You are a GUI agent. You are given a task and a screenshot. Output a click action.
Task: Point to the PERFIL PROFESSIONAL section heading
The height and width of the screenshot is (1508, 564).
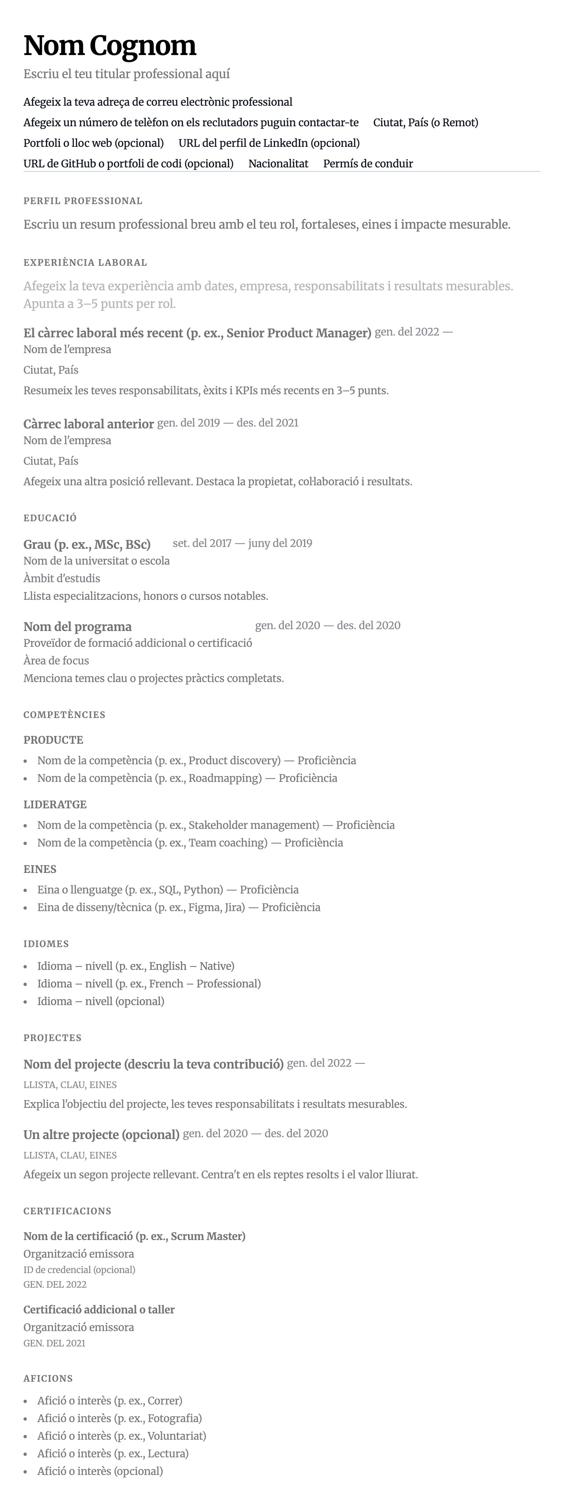coord(83,201)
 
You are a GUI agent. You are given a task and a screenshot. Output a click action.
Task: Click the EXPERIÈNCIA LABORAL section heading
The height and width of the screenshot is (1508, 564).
coord(85,262)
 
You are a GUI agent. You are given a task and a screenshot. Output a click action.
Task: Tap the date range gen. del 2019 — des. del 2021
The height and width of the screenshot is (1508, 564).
coord(228,423)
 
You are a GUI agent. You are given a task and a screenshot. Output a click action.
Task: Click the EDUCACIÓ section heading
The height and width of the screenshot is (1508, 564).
coord(50,518)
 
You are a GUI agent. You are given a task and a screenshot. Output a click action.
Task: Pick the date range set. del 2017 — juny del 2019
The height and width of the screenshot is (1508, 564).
coord(242,543)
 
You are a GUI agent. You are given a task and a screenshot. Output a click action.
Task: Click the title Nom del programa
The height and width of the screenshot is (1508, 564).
coord(77,626)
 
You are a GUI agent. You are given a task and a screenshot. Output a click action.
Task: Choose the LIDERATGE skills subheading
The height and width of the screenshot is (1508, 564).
coord(55,804)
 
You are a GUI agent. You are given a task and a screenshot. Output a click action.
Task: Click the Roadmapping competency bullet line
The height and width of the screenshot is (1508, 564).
coord(187,778)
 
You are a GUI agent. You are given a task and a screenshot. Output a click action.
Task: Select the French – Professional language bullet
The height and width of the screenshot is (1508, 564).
coord(149,983)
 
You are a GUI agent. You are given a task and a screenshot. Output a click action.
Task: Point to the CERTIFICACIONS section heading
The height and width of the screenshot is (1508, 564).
coord(67,1211)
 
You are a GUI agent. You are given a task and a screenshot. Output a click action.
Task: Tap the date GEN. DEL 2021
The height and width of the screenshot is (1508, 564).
coord(54,1343)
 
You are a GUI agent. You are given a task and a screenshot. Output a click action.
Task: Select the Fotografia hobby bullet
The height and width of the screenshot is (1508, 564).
coord(119,1418)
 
